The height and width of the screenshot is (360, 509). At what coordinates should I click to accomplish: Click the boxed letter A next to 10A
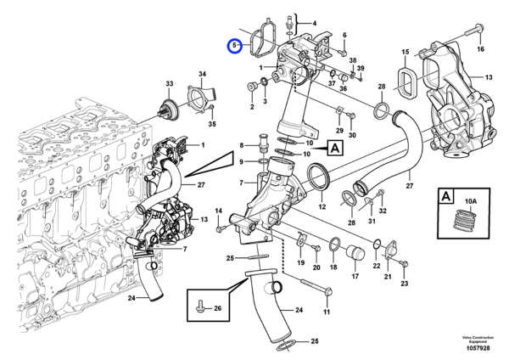[445, 198]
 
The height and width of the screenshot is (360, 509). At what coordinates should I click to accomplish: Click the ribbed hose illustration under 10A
[463, 222]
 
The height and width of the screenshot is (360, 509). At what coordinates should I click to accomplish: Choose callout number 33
[169, 83]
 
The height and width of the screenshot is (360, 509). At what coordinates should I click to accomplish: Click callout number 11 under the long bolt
[326, 312]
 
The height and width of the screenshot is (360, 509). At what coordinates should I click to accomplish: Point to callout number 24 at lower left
[132, 297]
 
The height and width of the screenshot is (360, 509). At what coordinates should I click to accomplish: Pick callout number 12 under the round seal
[322, 206]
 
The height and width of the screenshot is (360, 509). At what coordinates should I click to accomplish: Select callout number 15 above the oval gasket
[405, 52]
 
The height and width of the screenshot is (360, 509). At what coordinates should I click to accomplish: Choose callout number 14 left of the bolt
[218, 210]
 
